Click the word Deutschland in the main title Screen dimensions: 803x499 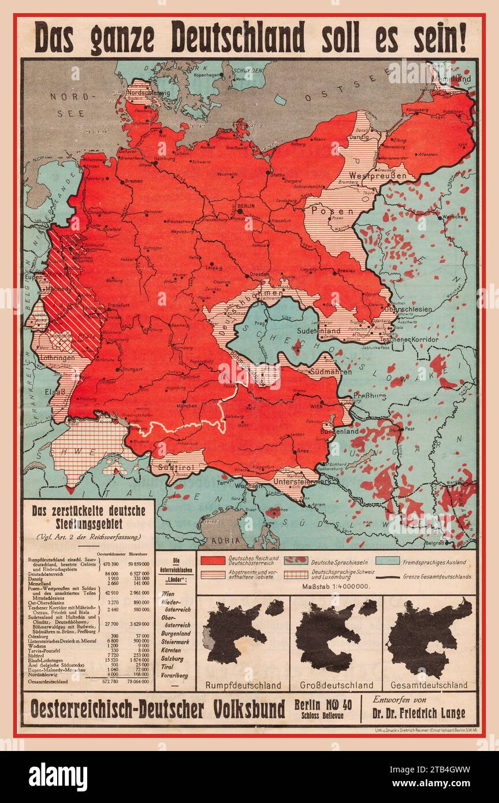click(238, 39)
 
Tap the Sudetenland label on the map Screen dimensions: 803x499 click(316, 332)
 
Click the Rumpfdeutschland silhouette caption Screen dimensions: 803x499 click(243, 685)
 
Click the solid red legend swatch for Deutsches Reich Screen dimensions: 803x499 click(211, 560)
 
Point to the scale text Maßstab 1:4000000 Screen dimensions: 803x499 click(336, 586)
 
